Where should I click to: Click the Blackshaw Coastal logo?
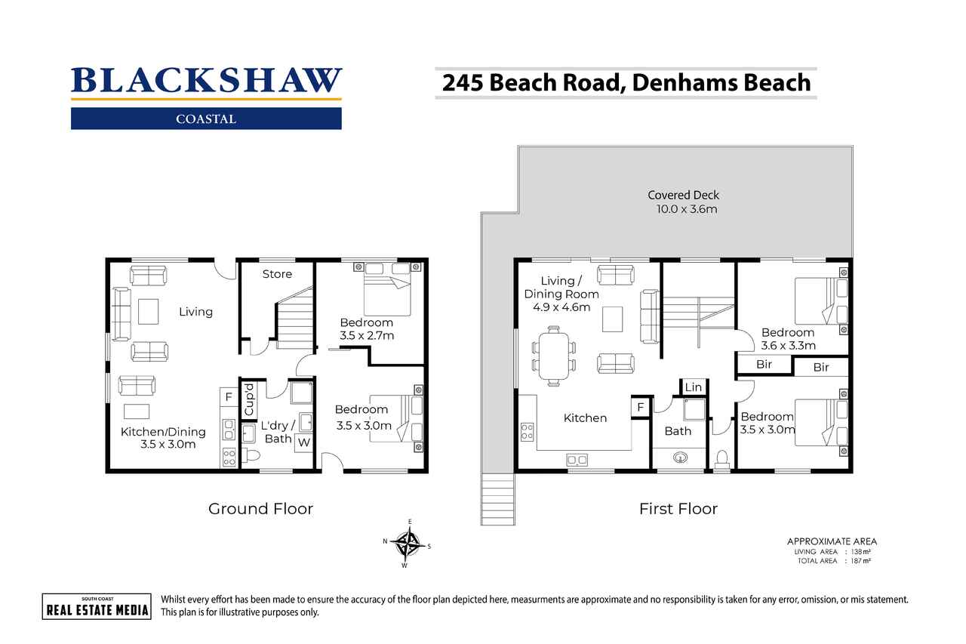click(206, 98)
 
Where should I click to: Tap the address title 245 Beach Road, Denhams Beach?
click(626, 83)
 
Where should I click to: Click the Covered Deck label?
click(683, 195)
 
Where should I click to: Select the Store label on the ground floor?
click(277, 274)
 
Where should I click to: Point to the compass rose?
click(407, 544)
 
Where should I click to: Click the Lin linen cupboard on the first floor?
click(693, 387)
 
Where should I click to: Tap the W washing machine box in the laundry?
click(303, 442)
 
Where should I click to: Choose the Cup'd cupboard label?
click(249, 399)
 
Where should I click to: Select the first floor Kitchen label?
click(585, 418)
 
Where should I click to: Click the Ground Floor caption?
click(260, 509)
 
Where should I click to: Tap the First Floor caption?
click(678, 509)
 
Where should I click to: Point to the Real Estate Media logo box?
click(97, 606)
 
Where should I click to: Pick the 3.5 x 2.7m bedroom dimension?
click(367, 335)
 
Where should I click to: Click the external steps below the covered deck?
click(497, 499)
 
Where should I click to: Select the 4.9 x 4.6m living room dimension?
click(561, 307)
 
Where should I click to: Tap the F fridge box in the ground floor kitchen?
click(229, 397)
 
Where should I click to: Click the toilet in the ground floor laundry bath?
click(251, 455)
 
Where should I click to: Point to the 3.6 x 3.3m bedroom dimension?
click(789, 346)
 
